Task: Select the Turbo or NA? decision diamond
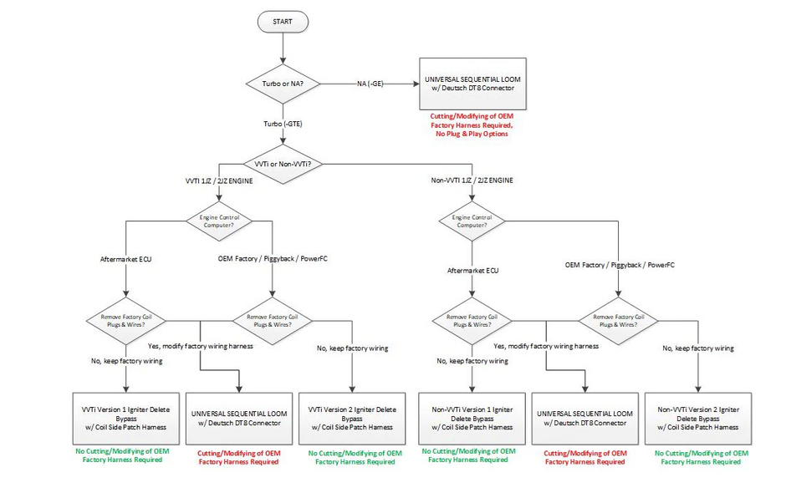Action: coord(284,84)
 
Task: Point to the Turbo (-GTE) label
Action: coord(284,123)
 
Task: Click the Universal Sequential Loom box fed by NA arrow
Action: coord(473,84)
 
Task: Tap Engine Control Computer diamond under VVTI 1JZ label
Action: coord(218,221)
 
